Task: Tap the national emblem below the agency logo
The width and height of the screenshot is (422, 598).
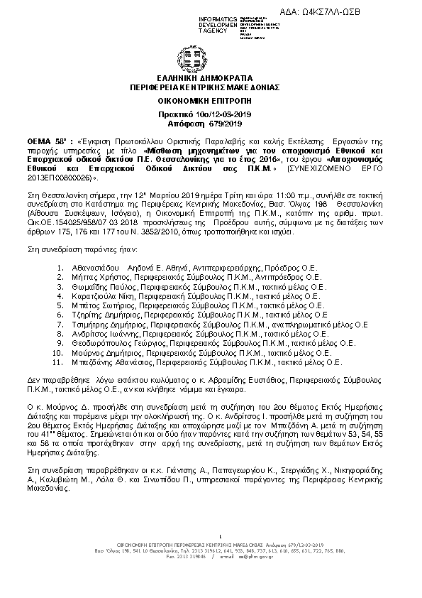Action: coord(211,57)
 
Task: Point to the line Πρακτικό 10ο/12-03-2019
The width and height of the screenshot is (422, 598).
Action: coord(209,115)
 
